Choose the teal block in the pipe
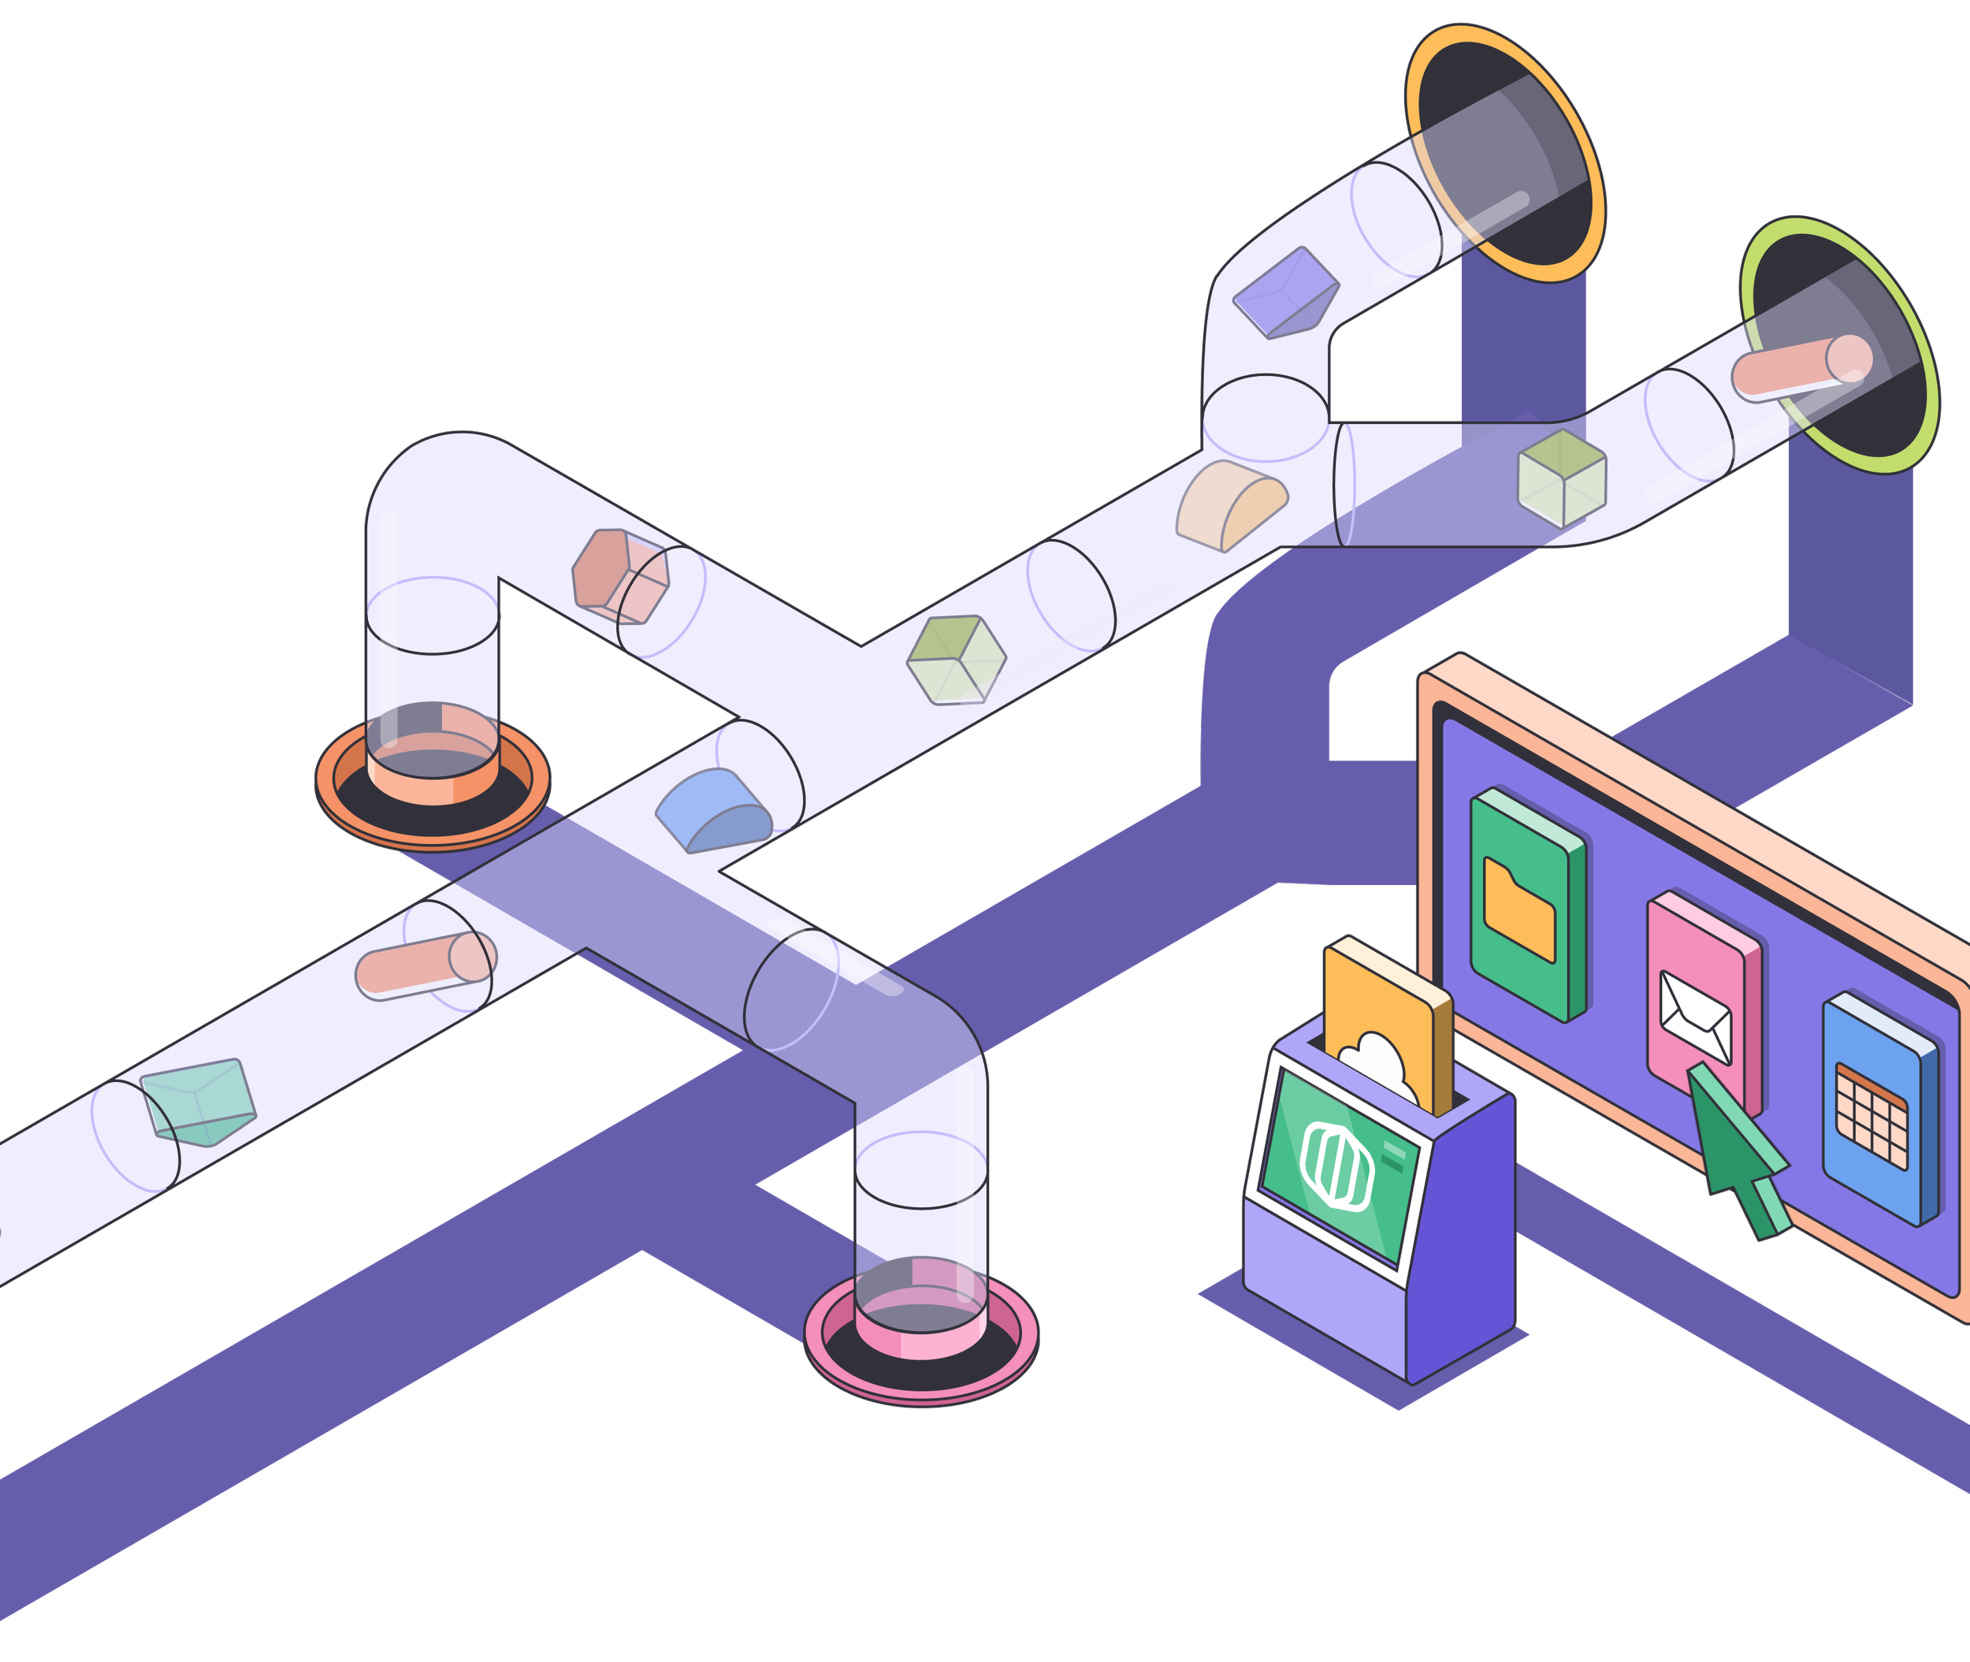click(x=199, y=1100)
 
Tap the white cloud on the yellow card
click(x=1379, y=1064)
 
